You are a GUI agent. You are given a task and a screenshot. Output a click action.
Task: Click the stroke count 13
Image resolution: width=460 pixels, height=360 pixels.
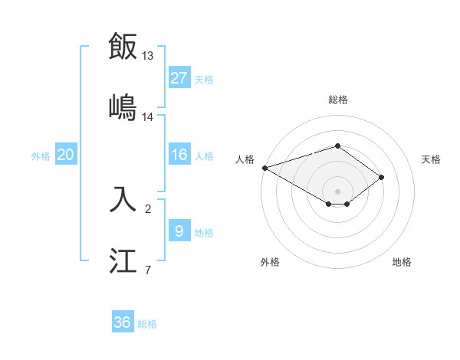coord(148,56)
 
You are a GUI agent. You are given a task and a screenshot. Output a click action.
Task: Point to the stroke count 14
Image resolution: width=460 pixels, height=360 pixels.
coord(148,116)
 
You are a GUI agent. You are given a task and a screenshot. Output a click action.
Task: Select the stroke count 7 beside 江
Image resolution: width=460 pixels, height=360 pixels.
coord(148,270)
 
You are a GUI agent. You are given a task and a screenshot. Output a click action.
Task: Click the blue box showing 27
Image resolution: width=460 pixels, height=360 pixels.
coord(179,78)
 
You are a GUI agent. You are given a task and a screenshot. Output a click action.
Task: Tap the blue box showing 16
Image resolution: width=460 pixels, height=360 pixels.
coord(179,155)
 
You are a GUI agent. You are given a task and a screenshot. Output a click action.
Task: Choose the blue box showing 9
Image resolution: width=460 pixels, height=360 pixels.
coord(179,231)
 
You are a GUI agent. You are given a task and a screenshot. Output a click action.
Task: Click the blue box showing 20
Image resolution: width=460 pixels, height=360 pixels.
coord(66,155)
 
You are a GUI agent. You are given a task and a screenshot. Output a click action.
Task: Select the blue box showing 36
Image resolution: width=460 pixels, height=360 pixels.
coord(123,322)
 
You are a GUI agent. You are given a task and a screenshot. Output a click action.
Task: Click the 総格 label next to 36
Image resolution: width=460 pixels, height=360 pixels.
coord(147,324)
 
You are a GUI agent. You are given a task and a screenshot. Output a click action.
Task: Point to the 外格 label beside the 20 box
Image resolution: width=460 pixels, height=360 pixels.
coord(41,156)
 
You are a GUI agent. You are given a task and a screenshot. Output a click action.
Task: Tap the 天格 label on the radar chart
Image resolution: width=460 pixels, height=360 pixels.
coord(432,159)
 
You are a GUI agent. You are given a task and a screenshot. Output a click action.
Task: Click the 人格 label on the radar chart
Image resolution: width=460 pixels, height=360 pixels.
coord(245,159)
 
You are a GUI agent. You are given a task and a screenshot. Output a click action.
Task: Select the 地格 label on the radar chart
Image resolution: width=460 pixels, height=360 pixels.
coord(402,262)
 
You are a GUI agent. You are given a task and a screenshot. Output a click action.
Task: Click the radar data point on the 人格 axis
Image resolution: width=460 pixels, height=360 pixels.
coord(264,168)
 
